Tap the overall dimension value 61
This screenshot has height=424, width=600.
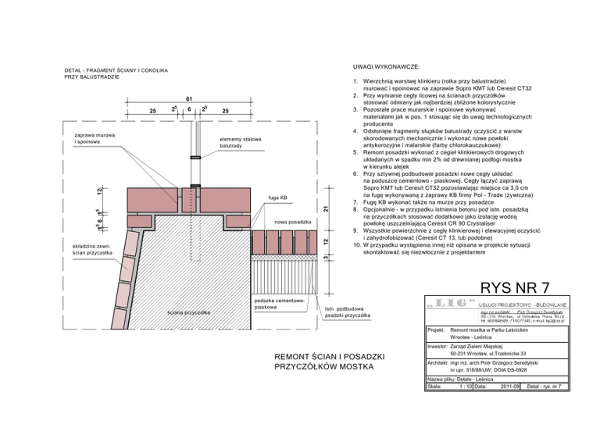pos(189,98)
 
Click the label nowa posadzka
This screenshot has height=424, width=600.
pos(293,223)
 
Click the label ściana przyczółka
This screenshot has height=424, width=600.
pos(190,312)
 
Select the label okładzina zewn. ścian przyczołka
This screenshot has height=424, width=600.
pos(91,248)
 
